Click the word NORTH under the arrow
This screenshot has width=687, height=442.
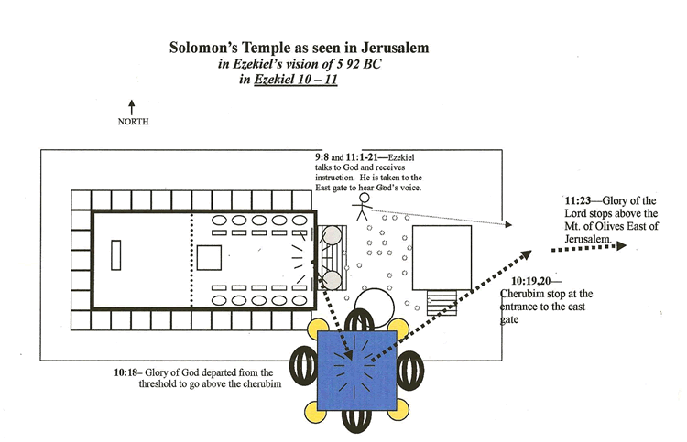pyautogui.click(x=133, y=122)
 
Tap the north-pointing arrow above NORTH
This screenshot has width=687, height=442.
pyautogui.click(x=132, y=106)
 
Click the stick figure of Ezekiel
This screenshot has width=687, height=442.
pyautogui.click(x=363, y=202)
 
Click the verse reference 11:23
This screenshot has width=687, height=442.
pyautogui.click(x=579, y=201)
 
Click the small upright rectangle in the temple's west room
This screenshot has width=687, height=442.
pyautogui.click(x=115, y=254)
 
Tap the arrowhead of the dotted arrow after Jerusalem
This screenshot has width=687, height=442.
pyautogui.click(x=622, y=246)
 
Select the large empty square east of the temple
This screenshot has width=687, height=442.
pyautogui.click(x=442, y=255)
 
